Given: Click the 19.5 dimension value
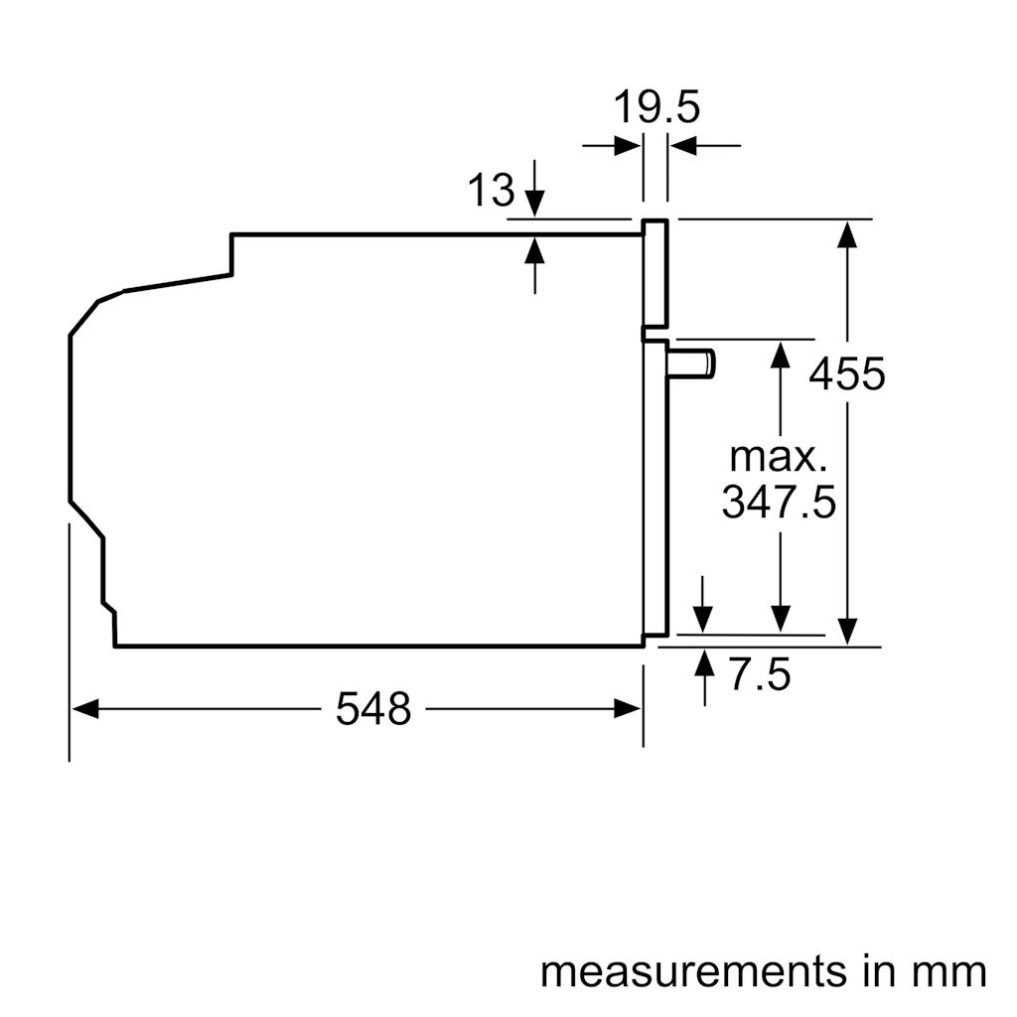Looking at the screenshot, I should pyautogui.click(x=655, y=106).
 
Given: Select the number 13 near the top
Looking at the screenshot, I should pyautogui.click(x=492, y=190).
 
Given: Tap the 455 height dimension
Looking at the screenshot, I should pyautogui.click(x=846, y=374).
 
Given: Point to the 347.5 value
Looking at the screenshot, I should pyautogui.click(x=779, y=503).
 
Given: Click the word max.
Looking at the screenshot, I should pyautogui.click(x=779, y=457).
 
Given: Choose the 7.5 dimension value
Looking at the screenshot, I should pyautogui.click(x=760, y=675).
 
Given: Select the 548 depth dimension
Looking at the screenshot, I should pyautogui.click(x=372, y=709).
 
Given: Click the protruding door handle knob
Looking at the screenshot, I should pyautogui.click(x=693, y=363).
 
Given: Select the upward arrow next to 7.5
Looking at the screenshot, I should pyautogui.click(x=704, y=662).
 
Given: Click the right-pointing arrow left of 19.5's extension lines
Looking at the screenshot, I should pyautogui.click(x=627, y=147).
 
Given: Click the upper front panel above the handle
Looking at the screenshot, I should pyautogui.click(x=654, y=273).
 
